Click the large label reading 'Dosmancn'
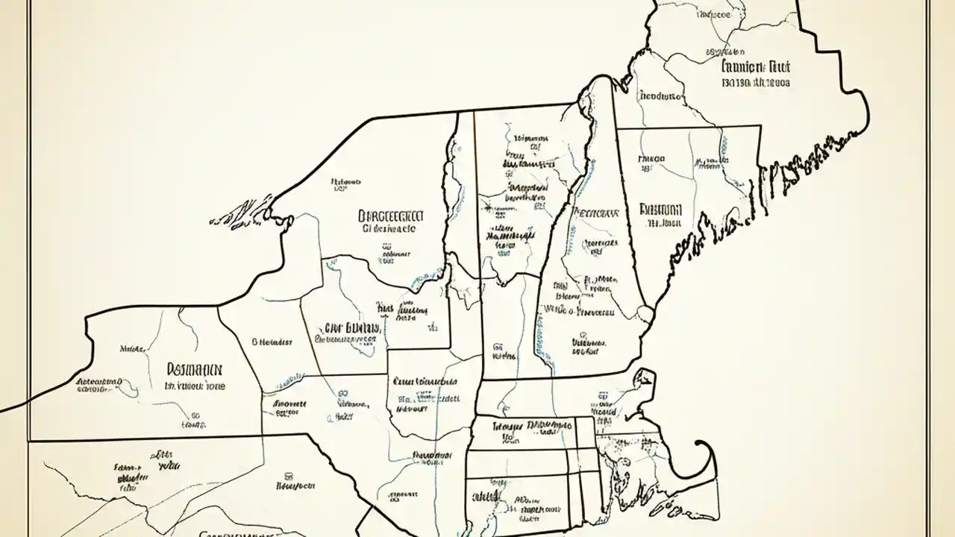(194, 368)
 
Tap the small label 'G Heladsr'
(272, 342)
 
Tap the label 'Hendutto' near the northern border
(660, 96)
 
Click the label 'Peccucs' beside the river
(595, 213)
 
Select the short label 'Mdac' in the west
(132, 348)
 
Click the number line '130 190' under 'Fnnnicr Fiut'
(755, 84)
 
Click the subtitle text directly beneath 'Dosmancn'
(194, 387)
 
